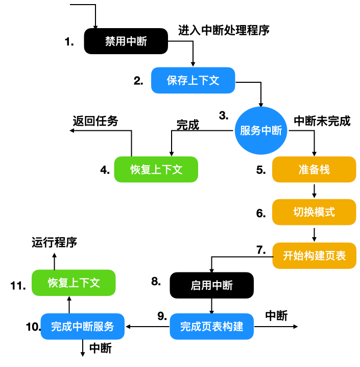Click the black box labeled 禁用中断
(126, 41)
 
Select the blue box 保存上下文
(193, 80)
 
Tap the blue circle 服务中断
(261, 131)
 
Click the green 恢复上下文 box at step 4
(156, 170)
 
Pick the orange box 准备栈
(314, 170)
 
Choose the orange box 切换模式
(314, 212)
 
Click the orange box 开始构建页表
(314, 255)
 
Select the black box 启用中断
(211, 285)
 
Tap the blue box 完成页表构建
(211, 326)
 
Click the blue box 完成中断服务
(83, 326)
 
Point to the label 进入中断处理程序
(224, 30)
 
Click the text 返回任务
(95, 121)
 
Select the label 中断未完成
(322, 121)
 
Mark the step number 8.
(156, 281)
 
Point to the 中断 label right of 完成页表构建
(276, 315)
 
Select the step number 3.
(224, 116)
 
